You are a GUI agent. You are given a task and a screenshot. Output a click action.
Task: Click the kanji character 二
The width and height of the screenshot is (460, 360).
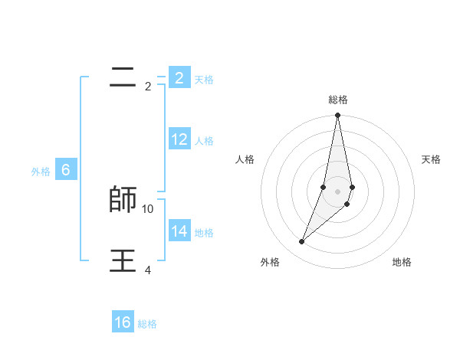coord(123,76)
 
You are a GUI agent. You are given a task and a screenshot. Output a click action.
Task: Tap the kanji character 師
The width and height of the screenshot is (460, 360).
coord(123,199)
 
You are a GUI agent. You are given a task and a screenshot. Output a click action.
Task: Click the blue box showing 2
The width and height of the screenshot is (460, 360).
coord(179,77)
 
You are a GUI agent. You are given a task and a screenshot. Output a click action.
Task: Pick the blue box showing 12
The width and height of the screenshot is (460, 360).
coord(179,139)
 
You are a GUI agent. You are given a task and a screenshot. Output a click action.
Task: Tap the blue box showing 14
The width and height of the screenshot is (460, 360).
coord(179,231)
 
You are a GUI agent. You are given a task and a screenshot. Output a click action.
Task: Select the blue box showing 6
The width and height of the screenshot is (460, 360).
coord(66,170)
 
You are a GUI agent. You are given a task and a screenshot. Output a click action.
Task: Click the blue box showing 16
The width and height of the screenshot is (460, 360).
coord(123,322)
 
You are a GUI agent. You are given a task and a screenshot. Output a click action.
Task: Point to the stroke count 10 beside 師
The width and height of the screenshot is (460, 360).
coord(148,208)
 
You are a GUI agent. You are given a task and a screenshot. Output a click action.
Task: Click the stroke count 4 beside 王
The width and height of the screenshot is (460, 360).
coord(148,270)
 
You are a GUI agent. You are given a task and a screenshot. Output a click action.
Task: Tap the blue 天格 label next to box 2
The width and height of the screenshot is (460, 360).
coord(204,80)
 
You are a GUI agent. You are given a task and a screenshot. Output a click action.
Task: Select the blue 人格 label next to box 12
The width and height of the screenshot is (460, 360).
coord(204,141)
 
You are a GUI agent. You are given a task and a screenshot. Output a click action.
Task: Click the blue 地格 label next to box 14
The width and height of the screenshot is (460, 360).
coord(204,233)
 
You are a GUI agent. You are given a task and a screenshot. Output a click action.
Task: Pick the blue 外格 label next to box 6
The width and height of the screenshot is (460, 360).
coord(41,172)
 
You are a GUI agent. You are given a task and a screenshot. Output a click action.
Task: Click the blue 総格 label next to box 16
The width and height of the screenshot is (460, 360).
coord(147,324)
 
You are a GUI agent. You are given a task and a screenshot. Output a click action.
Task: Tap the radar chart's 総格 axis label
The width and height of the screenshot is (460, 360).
coord(338,100)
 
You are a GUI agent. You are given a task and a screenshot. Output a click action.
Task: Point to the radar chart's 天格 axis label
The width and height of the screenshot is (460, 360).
coord(431,159)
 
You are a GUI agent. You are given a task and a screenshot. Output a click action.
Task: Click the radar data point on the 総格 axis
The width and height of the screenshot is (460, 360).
coord(338,116)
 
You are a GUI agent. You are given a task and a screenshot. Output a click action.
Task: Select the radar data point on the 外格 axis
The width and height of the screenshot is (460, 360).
coord(302,241)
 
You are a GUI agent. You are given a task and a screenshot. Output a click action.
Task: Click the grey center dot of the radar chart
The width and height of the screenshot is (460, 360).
coord(338,191)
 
